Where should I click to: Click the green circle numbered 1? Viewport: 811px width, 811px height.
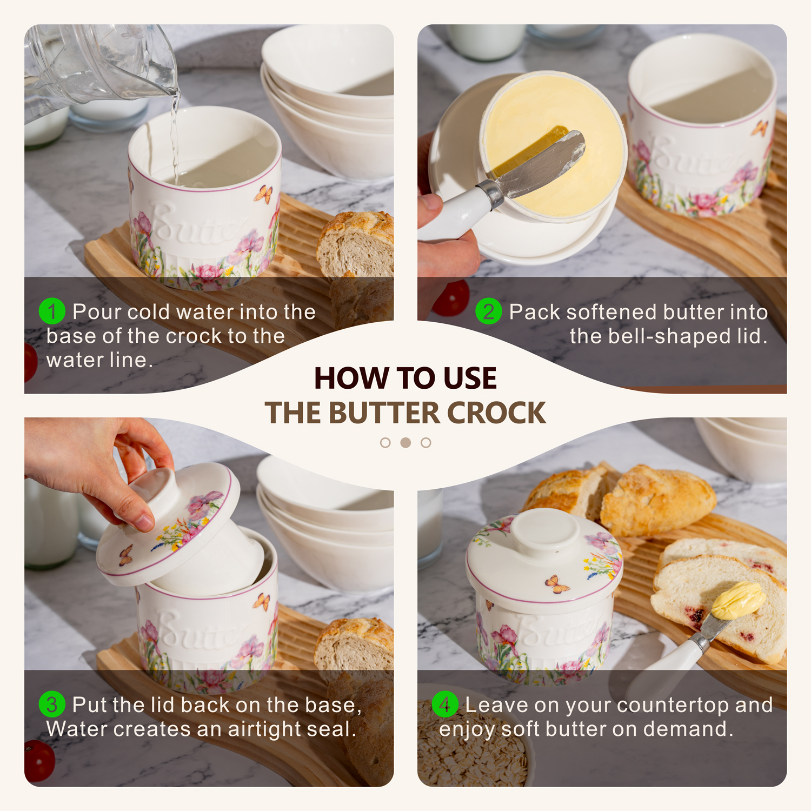click(x=52, y=311)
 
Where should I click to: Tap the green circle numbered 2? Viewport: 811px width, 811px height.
click(x=488, y=311)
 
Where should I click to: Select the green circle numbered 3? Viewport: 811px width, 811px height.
click(x=52, y=704)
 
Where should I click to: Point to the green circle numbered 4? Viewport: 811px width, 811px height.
click(x=445, y=704)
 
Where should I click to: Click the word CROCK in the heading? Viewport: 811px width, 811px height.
click(x=496, y=413)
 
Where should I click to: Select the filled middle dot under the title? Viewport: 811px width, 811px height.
click(x=405, y=443)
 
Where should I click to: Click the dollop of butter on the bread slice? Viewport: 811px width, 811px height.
click(x=738, y=600)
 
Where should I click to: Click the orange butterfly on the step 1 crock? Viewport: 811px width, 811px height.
click(x=263, y=194)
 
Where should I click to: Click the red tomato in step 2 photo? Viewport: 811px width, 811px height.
click(x=451, y=298)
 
